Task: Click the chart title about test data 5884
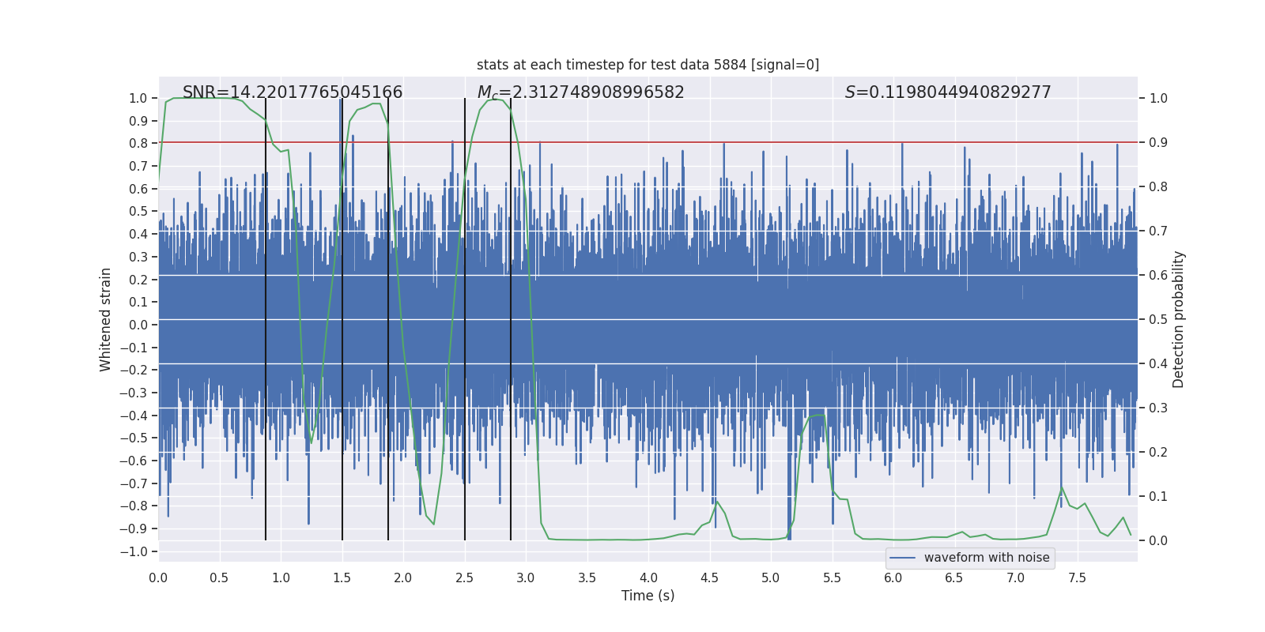click(x=648, y=65)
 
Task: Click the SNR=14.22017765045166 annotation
click(x=293, y=92)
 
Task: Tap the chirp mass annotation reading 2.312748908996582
click(x=580, y=92)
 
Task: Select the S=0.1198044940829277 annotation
click(x=948, y=92)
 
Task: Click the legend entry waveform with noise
click(x=986, y=558)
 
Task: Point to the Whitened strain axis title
click(x=105, y=319)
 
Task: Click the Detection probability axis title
click(x=1179, y=319)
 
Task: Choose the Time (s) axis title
click(x=648, y=596)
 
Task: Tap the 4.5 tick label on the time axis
click(x=709, y=577)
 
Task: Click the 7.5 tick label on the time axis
click(x=1077, y=577)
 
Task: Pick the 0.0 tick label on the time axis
click(x=158, y=577)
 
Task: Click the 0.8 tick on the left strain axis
click(x=138, y=143)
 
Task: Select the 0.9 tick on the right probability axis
click(x=1158, y=143)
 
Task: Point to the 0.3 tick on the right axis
click(x=1158, y=408)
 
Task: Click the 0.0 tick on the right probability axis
click(x=1158, y=541)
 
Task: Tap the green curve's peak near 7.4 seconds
click(x=1062, y=487)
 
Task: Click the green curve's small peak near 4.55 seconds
click(x=716, y=502)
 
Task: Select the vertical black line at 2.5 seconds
click(x=465, y=316)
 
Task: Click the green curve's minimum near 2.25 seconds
click(x=433, y=524)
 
